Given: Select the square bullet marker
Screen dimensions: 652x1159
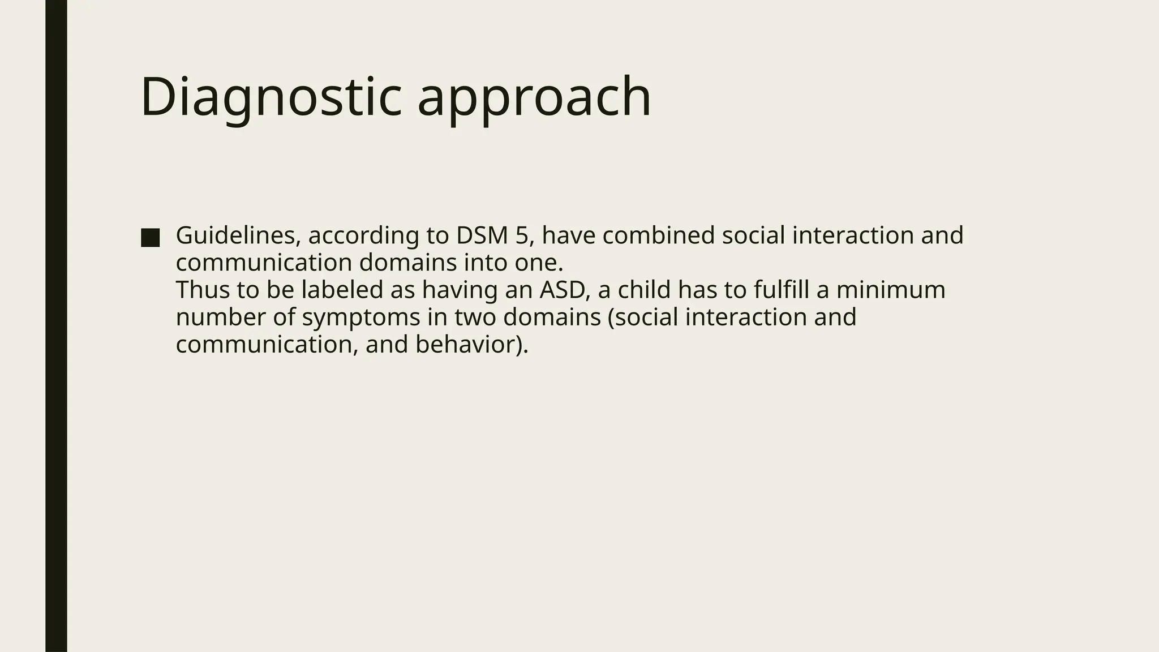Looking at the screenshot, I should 150,238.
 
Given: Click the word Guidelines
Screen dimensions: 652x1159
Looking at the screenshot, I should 238,235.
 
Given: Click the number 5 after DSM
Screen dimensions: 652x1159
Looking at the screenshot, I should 521,235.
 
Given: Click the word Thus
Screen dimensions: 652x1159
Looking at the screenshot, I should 202,290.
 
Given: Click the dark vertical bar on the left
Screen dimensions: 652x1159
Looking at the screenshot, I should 56,326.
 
